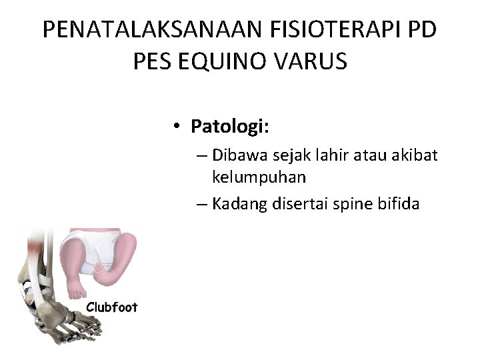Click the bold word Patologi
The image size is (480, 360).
(229, 126)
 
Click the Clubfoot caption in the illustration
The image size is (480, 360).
(111, 307)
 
